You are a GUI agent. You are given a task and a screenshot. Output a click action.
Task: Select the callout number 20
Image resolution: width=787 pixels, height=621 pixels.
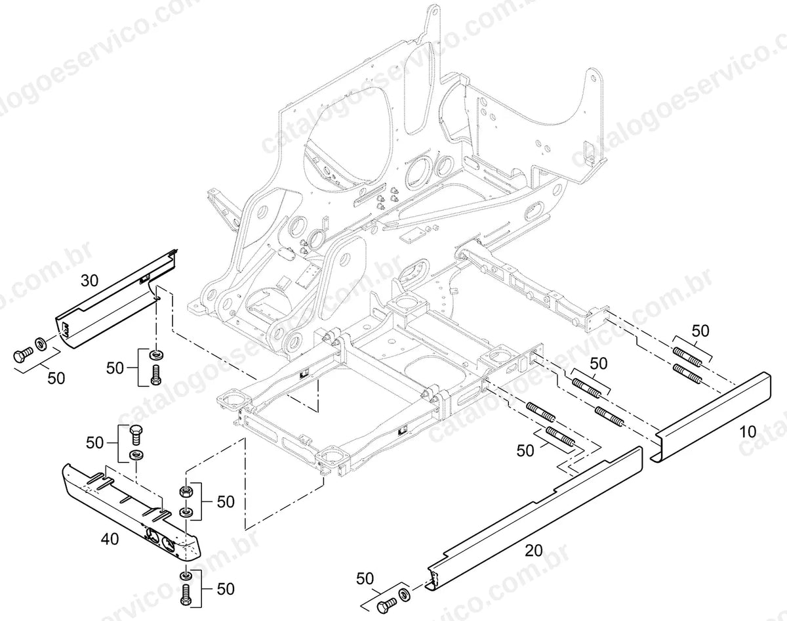click(x=534, y=561)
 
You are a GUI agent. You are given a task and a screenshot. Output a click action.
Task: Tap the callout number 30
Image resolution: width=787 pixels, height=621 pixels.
click(x=90, y=281)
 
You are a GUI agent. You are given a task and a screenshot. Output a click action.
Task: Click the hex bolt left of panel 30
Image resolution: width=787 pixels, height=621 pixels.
click(x=22, y=354)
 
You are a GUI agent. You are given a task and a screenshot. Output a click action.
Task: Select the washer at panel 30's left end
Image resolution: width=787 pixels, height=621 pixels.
click(x=40, y=344)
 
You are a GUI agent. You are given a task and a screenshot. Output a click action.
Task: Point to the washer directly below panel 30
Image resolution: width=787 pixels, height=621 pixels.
click(x=157, y=354)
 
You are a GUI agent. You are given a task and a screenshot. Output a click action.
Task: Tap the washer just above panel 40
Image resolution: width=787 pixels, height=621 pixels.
click(x=136, y=455)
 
